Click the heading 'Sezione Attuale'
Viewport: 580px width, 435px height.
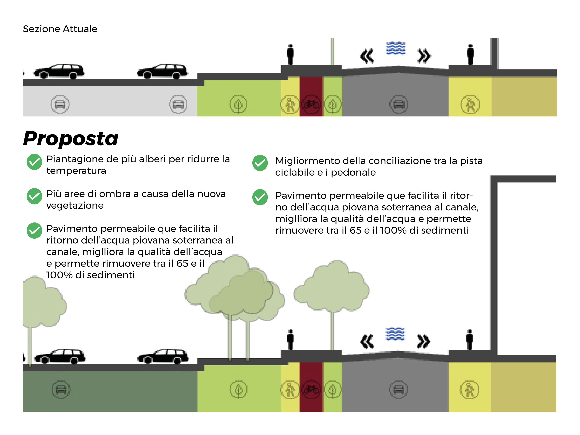[60, 29]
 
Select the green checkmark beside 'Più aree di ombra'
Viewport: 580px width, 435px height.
[34, 196]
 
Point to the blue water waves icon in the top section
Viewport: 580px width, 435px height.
[395, 48]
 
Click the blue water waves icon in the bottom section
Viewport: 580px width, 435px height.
[395, 334]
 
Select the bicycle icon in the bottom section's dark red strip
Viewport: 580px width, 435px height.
[311, 389]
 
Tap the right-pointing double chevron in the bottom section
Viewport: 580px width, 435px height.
[424, 341]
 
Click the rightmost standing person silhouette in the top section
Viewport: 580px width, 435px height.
[470, 54]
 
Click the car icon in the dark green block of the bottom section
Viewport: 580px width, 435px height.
[61, 390]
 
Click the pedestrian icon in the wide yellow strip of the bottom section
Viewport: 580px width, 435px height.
[470, 390]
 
